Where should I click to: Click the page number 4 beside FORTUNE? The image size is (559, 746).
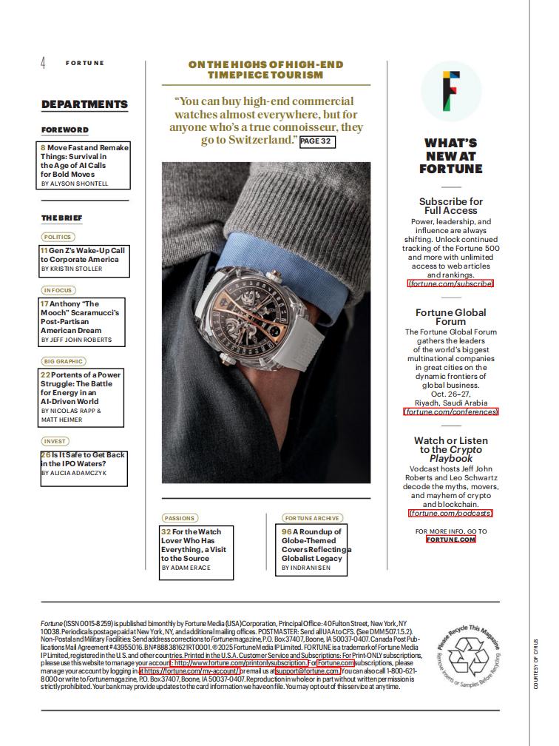[43, 63]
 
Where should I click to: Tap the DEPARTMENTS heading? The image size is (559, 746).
[84, 104]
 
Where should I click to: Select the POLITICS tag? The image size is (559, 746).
[58, 237]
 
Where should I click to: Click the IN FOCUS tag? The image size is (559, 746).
[58, 290]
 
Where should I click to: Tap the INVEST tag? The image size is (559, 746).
[55, 441]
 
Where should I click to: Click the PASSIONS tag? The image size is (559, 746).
[180, 518]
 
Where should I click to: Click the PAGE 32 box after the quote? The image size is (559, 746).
[317, 141]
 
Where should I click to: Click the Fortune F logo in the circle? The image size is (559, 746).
[450, 90]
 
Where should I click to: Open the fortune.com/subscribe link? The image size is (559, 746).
[450, 283]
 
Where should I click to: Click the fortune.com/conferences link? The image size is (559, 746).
[450, 411]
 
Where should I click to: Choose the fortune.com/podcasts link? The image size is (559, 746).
[450, 513]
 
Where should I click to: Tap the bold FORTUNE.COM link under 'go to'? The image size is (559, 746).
[450, 540]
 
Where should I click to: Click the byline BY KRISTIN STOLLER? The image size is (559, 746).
[72, 269]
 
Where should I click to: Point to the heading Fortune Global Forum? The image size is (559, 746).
[450, 317]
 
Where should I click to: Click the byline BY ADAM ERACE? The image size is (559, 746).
[186, 568]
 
